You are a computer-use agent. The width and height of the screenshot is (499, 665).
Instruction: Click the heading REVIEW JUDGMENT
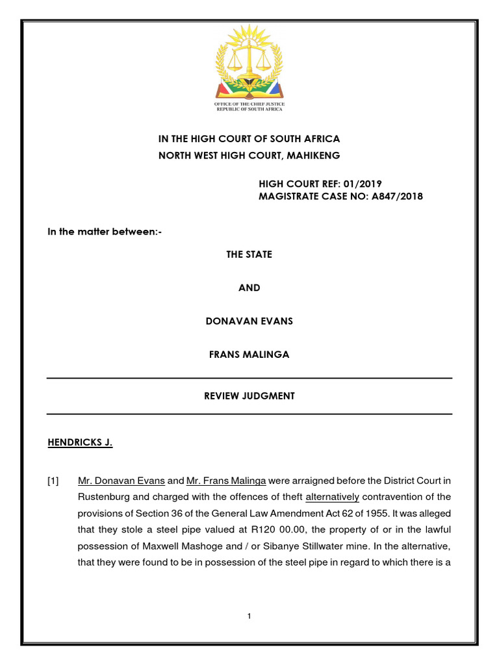pyautogui.click(x=249, y=396)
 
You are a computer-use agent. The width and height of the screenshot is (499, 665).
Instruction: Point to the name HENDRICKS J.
pyautogui.click(x=80, y=443)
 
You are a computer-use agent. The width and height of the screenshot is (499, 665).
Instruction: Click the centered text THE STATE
pyautogui.click(x=249, y=255)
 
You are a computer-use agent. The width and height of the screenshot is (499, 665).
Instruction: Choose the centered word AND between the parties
pyautogui.click(x=249, y=288)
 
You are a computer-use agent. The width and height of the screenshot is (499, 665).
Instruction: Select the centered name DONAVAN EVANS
pyautogui.click(x=249, y=321)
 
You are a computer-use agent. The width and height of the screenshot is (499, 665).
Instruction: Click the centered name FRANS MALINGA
pyautogui.click(x=249, y=355)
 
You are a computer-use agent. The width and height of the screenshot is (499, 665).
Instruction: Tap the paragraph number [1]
pyautogui.click(x=53, y=481)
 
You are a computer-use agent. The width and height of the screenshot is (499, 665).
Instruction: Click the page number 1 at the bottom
pyautogui.click(x=249, y=616)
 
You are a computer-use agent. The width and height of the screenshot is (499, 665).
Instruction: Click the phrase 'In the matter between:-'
pyautogui.click(x=104, y=232)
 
